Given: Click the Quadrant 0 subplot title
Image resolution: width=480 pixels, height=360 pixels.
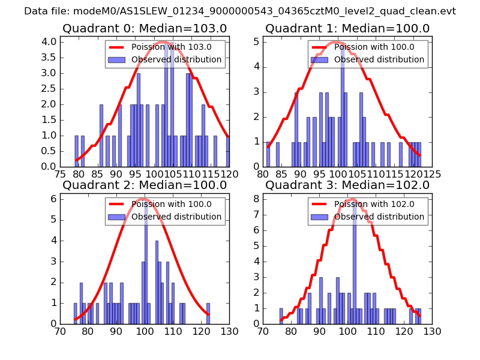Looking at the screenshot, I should tap(144, 28).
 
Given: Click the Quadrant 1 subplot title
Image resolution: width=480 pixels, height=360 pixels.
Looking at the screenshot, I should tap(347, 28).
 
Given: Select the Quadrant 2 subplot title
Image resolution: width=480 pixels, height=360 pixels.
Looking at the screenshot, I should tap(144, 185).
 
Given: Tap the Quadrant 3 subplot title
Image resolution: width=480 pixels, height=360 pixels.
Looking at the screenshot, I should tap(347, 185).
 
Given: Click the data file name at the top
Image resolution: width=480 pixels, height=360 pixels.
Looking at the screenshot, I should tap(240, 11).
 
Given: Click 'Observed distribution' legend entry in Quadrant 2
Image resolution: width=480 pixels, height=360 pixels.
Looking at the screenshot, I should tap(165, 217).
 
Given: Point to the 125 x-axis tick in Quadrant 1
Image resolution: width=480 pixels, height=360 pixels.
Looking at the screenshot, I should tap(432, 174).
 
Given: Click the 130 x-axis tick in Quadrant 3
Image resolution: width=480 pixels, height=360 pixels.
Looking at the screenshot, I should tap(432, 331).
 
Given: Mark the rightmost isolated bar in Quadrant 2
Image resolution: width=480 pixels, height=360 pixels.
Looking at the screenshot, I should tap(208, 313).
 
